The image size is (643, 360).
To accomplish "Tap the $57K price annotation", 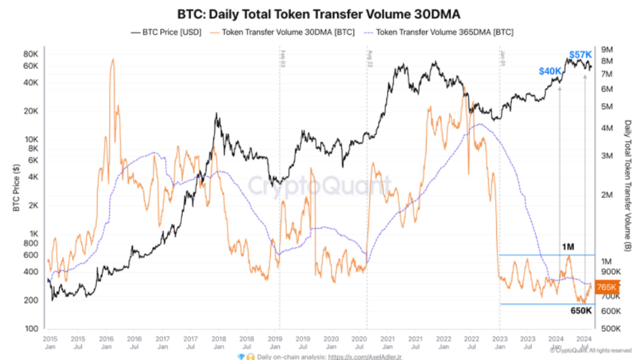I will click(580, 55).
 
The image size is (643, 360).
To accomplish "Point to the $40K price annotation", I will click(550, 71).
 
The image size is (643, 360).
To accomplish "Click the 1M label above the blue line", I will click(567, 247).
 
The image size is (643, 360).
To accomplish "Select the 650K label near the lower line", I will click(581, 311).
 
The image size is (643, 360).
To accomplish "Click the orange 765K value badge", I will click(607, 288).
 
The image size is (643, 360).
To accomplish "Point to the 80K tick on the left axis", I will click(30, 54).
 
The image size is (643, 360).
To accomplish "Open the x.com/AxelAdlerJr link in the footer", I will click(365, 356).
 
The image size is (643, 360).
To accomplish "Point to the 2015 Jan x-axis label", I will click(50, 342).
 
